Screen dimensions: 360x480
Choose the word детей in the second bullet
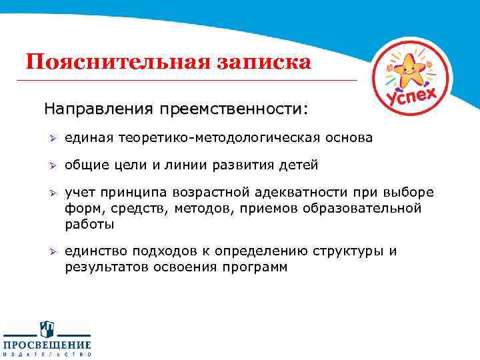[x=299, y=165]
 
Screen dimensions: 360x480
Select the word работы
[x=89, y=225]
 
